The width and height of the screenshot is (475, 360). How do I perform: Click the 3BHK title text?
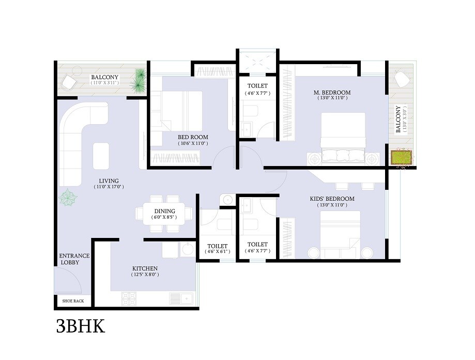click(x=81, y=327)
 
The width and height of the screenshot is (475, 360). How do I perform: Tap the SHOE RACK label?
click(x=73, y=301)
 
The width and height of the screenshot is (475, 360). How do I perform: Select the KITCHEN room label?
click(x=145, y=268)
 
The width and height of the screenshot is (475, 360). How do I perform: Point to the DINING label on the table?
click(x=165, y=211)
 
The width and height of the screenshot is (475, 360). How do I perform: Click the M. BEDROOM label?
click(x=332, y=93)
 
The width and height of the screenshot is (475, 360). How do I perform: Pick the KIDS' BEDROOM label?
click(x=332, y=199)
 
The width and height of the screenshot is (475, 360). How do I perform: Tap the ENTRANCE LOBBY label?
click(x=74, y=259)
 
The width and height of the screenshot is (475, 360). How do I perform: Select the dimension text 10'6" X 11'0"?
click(x=192, y=144)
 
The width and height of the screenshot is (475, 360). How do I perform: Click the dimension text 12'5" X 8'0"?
click(x=145, y=275)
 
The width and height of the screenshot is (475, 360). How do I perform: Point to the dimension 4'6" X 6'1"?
click(x=217, y=251)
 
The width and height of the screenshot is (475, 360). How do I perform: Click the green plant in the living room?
click(x=68, y=198)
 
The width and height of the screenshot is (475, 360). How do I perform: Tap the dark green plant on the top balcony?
click(x=139, y=81)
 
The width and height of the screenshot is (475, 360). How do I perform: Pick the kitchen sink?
click(x=180, y=298)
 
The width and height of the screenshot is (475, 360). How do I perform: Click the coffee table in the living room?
click(x=101, y=154)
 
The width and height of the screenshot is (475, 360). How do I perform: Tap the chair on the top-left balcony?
click(x=70, y=82)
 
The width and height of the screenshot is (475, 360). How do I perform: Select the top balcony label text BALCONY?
click(x=105, y=78)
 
